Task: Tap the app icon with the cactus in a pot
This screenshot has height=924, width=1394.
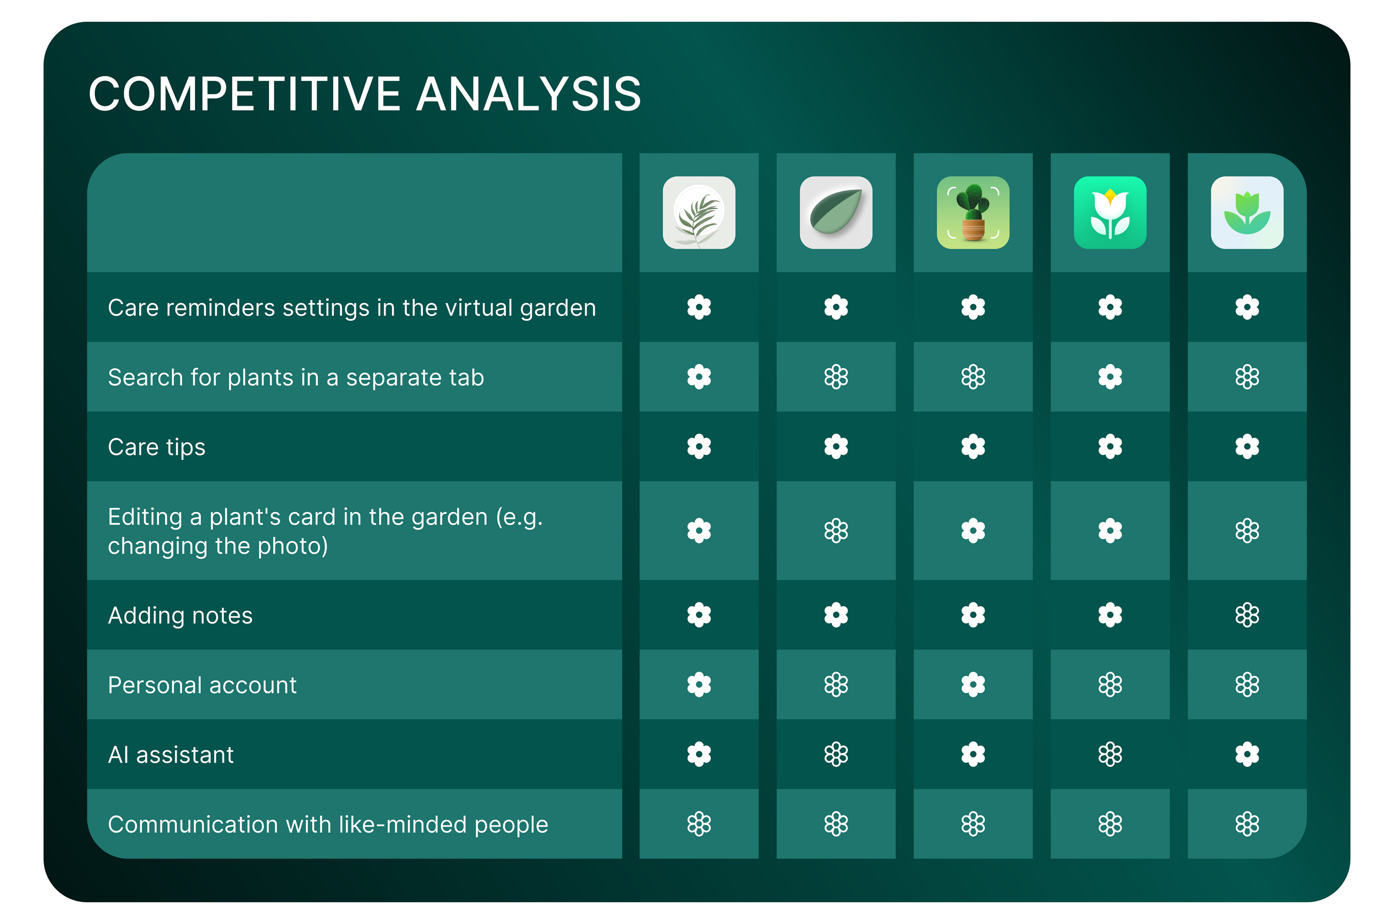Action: tap(973, 213)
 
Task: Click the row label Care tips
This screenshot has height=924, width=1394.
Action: tap(156, 447)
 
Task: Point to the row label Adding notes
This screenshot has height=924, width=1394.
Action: tap(180, 615)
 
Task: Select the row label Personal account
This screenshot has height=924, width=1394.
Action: tap(202, 685)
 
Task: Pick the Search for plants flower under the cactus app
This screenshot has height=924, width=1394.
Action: tap(973, 377)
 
